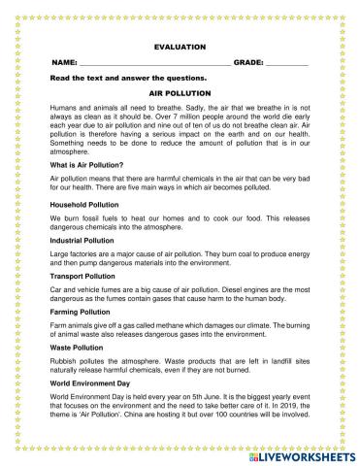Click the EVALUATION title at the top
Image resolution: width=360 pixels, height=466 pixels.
pyautogui.click(x=180, y=45)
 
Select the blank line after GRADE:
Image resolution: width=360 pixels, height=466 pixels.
pyautogui.click(x=287, y=62)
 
